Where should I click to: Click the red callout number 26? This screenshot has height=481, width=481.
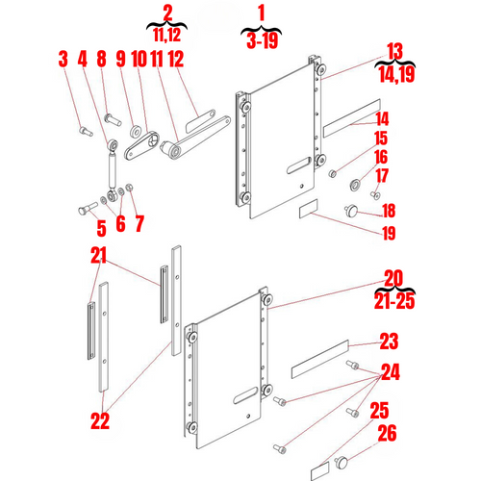coord(388,434)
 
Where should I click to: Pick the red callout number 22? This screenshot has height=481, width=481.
coord(100,420)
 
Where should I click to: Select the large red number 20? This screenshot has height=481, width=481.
coord(392,278)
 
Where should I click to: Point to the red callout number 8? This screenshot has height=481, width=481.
coord(100,61)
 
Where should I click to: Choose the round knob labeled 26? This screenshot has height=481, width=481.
coord(342,464)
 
